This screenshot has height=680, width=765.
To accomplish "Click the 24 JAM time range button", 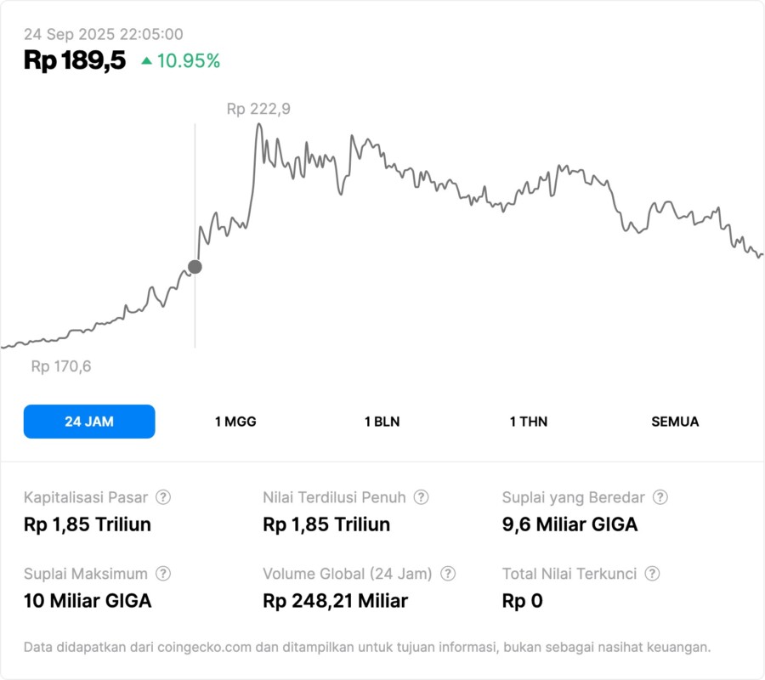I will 89,422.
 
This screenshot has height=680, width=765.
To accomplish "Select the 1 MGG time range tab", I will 235,422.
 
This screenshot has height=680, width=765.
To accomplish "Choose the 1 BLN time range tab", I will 382,422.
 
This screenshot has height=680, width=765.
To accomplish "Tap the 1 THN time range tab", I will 529,422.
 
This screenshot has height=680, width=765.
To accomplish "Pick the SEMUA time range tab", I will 675,422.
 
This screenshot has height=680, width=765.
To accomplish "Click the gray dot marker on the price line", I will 195,267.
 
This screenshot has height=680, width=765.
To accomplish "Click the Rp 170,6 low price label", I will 61,366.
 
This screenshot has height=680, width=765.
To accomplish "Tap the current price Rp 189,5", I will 75,60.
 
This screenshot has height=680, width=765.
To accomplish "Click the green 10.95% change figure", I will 189,61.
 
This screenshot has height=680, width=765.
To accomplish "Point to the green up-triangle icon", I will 147,61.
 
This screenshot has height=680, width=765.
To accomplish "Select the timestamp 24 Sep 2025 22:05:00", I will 103,34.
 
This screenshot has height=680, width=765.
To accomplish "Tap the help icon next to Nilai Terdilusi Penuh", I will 421,497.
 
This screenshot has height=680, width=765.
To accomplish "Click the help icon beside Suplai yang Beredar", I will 660,497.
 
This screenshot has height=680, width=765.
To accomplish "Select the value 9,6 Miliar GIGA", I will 569,524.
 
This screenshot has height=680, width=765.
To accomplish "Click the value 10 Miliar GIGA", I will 88,601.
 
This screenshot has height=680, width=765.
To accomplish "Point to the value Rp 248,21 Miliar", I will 336,601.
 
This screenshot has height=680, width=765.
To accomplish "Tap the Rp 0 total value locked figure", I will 522,601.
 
